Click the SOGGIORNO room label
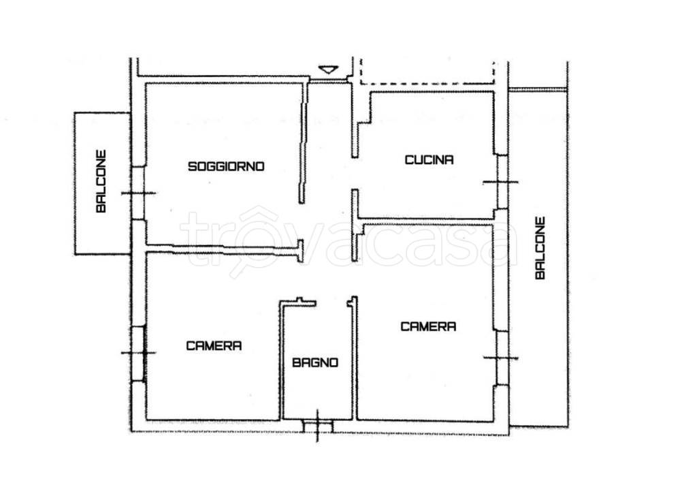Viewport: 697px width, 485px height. click(226, 166)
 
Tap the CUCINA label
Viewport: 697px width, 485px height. click(429, 160)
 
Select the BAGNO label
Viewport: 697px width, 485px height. click(315, 362)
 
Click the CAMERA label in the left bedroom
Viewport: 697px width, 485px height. click(214, 346)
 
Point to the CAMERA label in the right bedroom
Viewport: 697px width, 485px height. click(429, 326)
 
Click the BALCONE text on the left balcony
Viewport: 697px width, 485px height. click(101, 181)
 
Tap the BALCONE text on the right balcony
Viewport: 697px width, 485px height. click(540, 248)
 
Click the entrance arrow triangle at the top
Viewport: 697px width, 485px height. click(328, 70)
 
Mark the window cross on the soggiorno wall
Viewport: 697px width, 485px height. click(138, 193)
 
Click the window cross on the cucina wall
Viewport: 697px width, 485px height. click(501, 182)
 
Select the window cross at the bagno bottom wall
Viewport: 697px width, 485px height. click(317, 426)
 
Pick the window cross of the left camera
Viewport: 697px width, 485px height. click(139, 353)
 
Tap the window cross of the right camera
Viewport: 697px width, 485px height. click(501, 358)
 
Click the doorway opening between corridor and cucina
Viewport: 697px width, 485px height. click(355, 174)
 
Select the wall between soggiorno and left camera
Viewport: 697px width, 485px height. click(223, 249)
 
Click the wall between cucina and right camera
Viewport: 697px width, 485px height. click(427, 221)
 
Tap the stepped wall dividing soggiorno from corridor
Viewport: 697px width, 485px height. click(304, 142)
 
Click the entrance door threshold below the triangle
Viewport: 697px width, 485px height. click(328, 80)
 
